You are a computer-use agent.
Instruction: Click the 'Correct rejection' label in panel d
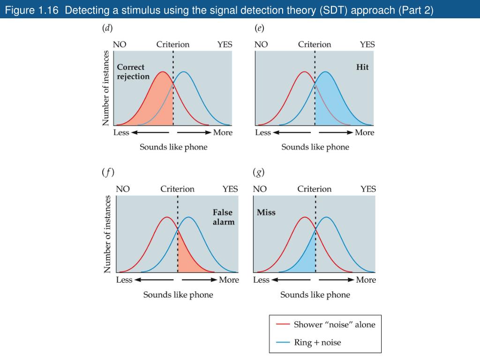(x=133, y=72)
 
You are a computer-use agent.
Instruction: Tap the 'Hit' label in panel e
(x=362, y=67)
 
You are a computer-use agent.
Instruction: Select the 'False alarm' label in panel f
(x=223, y=217)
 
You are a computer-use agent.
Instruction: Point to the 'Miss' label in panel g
(x=266, y=212)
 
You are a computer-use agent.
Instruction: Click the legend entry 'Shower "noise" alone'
(x=334, y=324)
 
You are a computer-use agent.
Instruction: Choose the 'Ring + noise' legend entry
(x=317, y=342)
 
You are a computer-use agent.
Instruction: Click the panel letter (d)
(x=107, y=28)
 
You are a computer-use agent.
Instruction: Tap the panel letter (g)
(x=259, y=172)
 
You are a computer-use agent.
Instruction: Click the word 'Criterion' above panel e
(x=315, y=45)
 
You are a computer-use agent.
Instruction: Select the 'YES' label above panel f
(x=230, y=189)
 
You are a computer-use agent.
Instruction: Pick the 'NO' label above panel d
(x=120, y=45)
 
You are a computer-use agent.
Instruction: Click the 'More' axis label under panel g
(x=366, y=280)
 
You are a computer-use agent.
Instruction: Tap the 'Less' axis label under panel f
(x=124, y=280)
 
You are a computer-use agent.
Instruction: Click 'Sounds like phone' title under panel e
(x=315, y=147)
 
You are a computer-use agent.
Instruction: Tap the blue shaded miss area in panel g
(x=305, y=260)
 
